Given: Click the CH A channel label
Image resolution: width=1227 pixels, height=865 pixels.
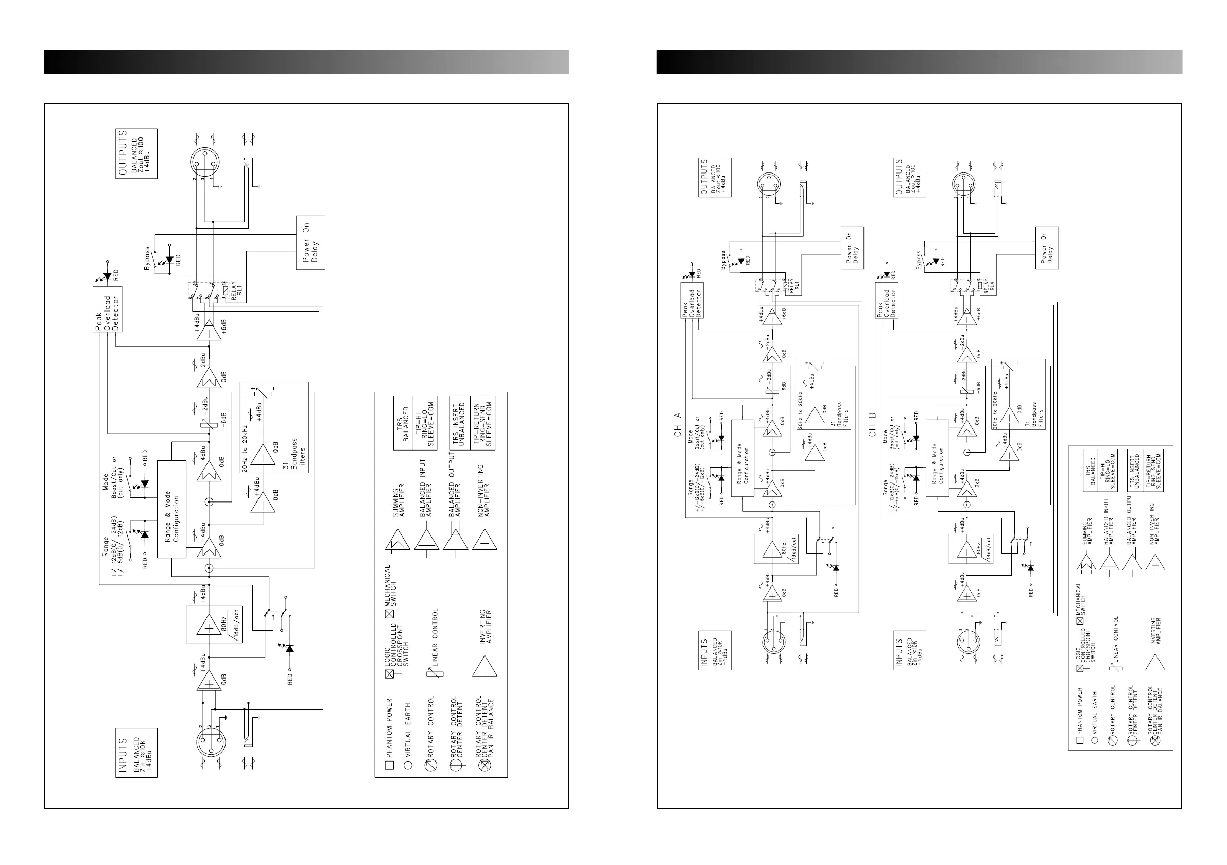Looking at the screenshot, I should click(x=678, y=425).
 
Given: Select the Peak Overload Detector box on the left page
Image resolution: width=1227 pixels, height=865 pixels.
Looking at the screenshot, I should click(x=108, y=309).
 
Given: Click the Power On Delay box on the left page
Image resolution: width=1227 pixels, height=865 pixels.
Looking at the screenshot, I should click(x=310, y=243).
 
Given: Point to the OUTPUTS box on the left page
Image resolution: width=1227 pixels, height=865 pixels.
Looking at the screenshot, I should click(x=136, y=153).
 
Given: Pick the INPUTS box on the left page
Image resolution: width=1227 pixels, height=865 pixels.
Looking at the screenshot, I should click(x=136, y=752).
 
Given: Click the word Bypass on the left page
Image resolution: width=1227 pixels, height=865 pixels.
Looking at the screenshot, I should click(x=147, y=257).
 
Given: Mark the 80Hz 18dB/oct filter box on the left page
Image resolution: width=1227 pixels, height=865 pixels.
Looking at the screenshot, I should click(x=214, y=624).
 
